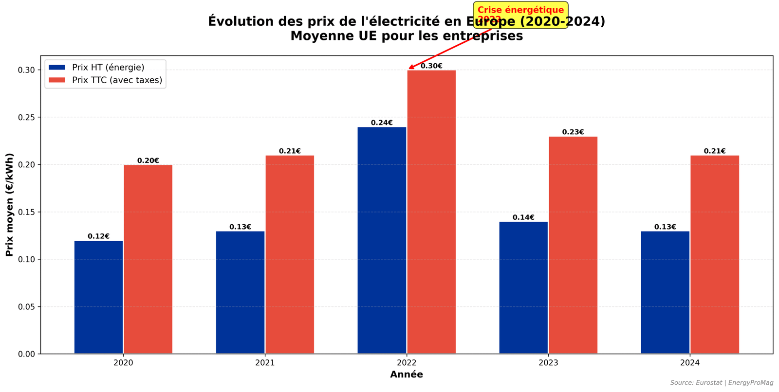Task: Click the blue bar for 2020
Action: (98, 297)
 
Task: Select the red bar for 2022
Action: (431, 212)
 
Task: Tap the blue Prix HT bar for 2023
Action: (523, 288)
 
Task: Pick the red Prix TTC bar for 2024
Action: (715, 254)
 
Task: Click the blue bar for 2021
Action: (240, 292)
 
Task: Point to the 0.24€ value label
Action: (382, 123)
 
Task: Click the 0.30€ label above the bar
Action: (431, 66)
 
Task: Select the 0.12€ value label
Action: (98, 236)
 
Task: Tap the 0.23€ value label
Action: (573, 132)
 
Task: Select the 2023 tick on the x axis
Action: (548, 363)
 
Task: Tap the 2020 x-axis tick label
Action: (123, 363)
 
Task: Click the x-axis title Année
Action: (407, 374)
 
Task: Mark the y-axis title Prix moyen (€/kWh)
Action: (10, 205)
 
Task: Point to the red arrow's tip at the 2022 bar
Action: (409, 69)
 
